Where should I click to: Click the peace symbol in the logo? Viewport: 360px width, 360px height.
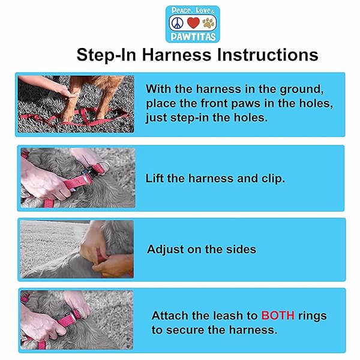tap(177, 23)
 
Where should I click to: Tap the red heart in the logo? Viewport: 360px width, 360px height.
tap(193, 23)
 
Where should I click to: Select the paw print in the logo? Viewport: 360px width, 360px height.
tap(208, 23)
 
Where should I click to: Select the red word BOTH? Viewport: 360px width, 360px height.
tap(277, 316)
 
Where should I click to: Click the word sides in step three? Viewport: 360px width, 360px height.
tap(240, 249)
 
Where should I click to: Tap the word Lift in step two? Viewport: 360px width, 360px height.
tap(155, 178)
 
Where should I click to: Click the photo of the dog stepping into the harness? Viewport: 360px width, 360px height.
tap(76, 104)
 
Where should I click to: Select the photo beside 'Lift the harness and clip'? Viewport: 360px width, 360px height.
tap(77, 178)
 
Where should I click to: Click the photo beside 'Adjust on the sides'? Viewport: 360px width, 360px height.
tap(76, 249)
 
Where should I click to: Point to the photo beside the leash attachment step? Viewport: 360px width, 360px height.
tap(76, 320)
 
